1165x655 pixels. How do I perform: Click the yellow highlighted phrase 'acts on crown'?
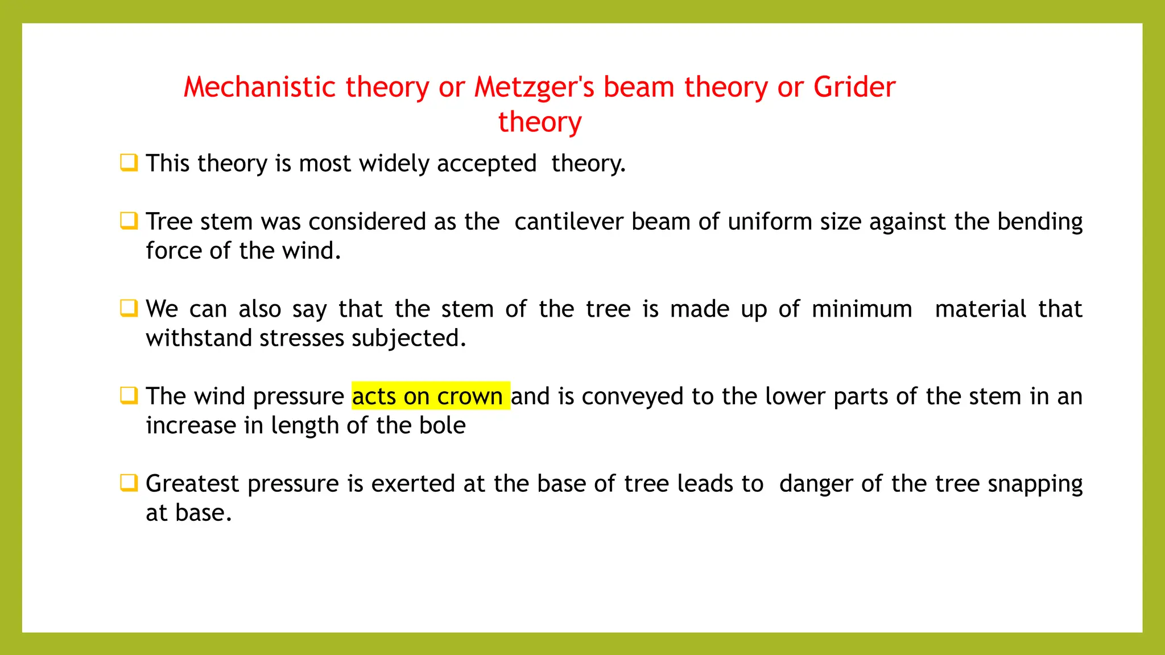430,396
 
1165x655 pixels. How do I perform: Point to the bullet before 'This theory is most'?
129,163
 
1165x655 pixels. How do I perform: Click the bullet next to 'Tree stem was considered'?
129,221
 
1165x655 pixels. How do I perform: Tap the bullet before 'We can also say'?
129,308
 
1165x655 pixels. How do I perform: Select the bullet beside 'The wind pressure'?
129,395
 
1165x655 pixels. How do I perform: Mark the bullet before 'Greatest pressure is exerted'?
129,483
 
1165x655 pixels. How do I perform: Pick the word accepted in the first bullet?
486,164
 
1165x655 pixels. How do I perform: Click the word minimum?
862,309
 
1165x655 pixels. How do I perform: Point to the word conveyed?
633,397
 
